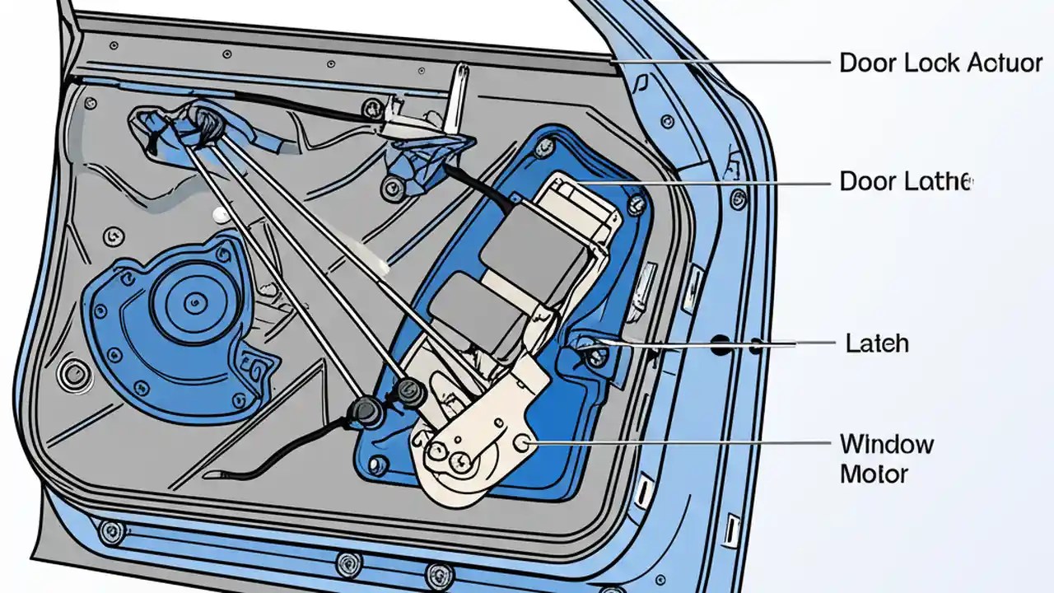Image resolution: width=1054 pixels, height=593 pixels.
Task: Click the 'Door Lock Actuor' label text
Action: coord(940,63)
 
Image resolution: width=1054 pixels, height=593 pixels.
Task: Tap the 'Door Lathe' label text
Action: coord(906,181)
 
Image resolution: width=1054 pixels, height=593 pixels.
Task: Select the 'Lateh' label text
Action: coord(877,343)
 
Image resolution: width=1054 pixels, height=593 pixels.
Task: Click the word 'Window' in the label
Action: coord(887,445)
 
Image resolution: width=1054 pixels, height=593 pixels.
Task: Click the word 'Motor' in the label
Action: coord(874,474)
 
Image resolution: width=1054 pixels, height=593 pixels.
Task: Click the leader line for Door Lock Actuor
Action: coord(725,62)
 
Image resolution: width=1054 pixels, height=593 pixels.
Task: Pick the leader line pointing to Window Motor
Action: coord(675,443)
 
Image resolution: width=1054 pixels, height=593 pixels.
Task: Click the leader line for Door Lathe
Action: coord(700,182)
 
